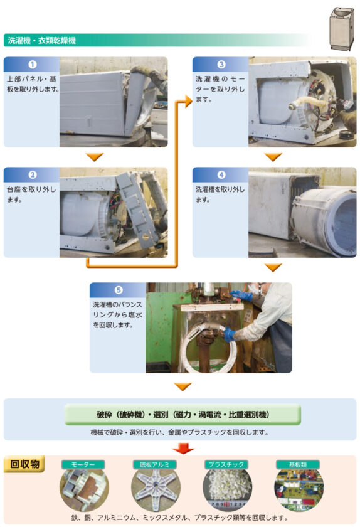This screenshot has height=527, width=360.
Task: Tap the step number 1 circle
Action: click(x=32, y=65)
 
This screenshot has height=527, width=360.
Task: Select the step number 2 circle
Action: click(x=32, y=175)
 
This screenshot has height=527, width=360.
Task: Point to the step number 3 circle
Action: click(x=221, y=65)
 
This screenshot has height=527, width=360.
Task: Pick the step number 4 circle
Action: click(x=221, y=175)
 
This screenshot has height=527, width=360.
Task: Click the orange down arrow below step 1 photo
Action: click(x=95, y=157)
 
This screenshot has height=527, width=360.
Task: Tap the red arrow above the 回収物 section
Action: click(x=183, y=448)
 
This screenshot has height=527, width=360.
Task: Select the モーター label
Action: click(x=83, y=464)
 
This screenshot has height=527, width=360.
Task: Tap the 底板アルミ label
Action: click(x=155, y=464)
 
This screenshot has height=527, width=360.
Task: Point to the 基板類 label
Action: click(x=298, y=464)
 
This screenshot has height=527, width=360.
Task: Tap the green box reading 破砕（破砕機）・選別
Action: click(x=183, y=415)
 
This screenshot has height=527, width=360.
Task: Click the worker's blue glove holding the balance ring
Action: click(x=228, y=335)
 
